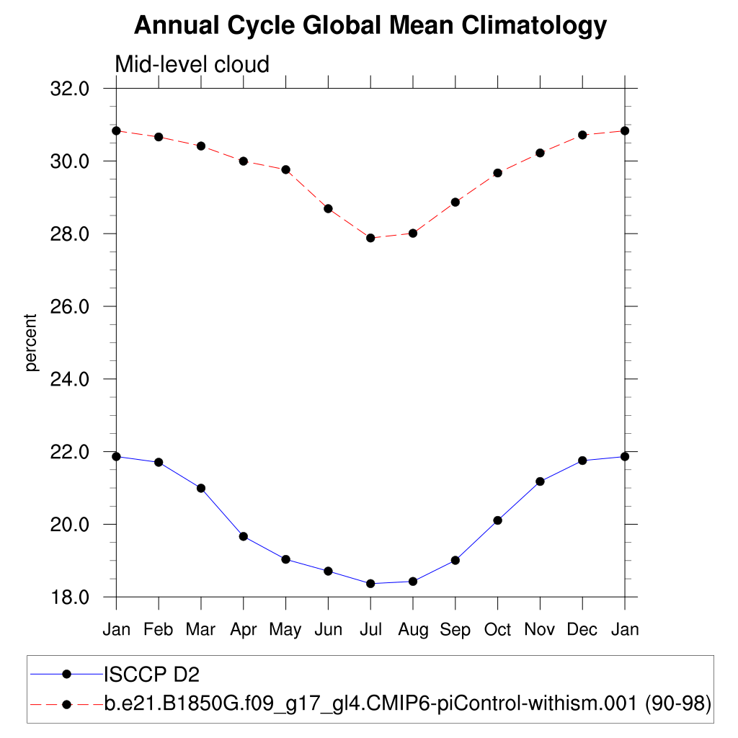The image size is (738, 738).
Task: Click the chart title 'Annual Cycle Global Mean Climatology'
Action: point(370,26)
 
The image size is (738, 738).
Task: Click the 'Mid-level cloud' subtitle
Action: point(192,65)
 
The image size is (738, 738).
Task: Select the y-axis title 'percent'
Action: point(30,342)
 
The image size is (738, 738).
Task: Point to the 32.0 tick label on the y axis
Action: point(69,89)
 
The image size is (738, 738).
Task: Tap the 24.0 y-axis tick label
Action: point(69,379)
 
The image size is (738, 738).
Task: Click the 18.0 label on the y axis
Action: point(69,597)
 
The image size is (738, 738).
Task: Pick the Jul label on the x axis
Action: point(370,630)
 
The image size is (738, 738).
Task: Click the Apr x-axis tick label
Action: point(244,630)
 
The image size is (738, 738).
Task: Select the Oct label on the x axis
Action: point(497,630)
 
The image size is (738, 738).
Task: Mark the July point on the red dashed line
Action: point(370,238)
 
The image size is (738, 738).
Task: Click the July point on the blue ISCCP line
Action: point(370,584)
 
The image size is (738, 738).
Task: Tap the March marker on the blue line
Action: point(201,488)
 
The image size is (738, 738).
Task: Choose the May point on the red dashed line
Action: point(285,169)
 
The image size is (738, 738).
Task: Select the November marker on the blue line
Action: point(540,481)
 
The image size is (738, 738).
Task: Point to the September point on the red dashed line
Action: point(455,202)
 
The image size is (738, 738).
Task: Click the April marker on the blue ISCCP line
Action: point(244,536)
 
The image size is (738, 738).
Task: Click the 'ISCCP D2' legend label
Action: point(151,675)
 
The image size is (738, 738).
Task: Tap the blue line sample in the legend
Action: point(67,675)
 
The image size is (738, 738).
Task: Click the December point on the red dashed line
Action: point(582,135)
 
